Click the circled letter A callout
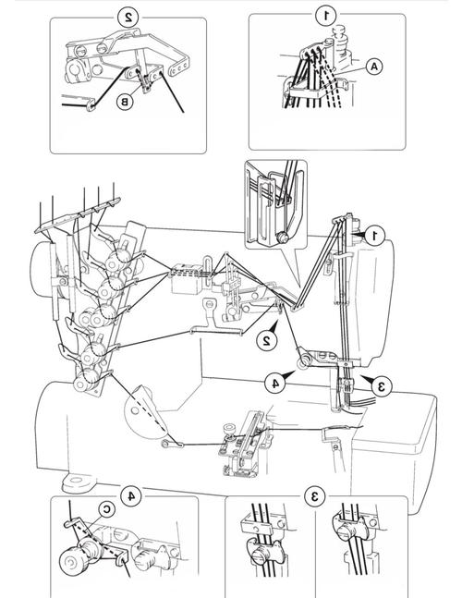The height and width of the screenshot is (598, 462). tap(374, 67)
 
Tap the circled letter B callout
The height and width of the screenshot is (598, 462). tap(125, 102)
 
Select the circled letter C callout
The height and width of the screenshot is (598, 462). tap(107, 509)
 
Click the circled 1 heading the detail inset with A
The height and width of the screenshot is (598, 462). tap(326, 16)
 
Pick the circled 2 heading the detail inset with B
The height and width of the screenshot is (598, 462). tap(128, 18)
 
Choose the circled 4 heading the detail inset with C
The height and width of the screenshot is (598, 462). tap(131, 495)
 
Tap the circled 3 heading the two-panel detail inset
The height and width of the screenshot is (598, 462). tap(315, 496)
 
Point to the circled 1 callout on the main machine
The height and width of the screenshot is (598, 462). tap(375, 236)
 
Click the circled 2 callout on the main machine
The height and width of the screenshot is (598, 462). tap(267, 340)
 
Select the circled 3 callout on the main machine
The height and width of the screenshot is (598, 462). tap(382, 386)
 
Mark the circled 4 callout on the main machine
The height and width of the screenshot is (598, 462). tap(274, 383)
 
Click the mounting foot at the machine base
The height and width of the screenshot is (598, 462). tap(79, 482)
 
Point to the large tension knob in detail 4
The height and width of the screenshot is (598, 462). tap(71, 562)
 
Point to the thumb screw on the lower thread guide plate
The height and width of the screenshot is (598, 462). tap(230, 429)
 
